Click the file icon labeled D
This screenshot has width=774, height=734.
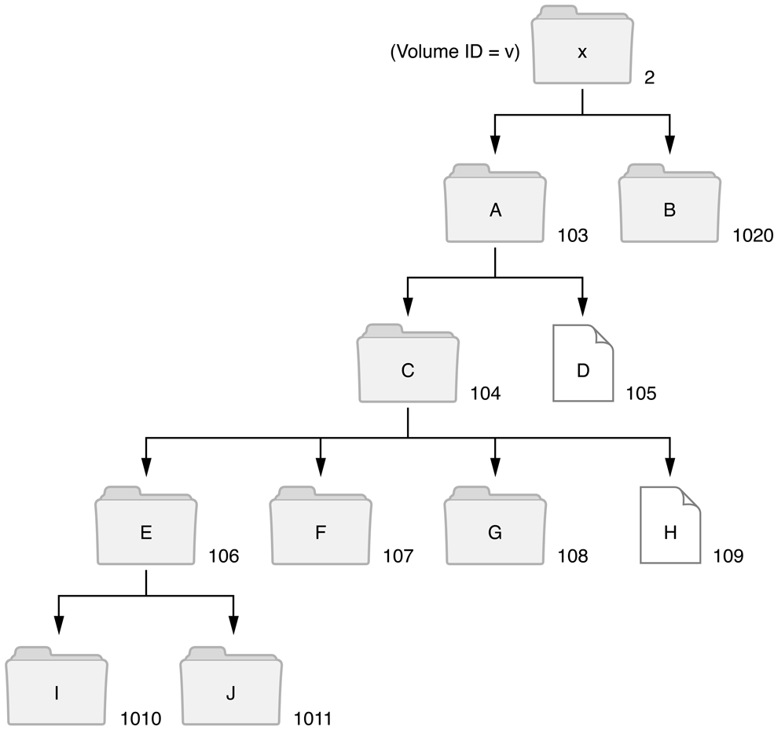tap(582, 369)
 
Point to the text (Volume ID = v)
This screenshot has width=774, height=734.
tap(455, 53)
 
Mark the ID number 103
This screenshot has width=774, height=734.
tap(573, 235)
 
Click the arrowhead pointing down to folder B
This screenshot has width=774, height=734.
tap(669, 144)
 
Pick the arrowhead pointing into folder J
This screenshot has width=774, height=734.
tap(233, 625)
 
